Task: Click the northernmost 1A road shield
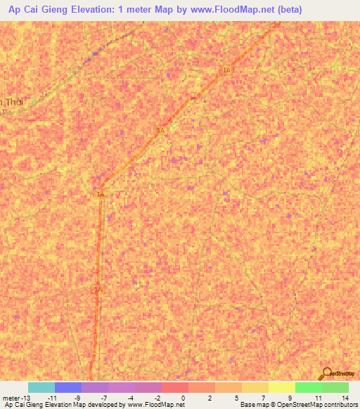(226, 70)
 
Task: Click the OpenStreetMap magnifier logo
(326, 374)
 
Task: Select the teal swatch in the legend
(41, 387)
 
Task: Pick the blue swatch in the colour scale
(68, 387)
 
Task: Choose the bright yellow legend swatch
(282, 387)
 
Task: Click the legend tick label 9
(290, 397)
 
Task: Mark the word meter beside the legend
(11, 397)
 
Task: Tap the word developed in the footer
(105, 405)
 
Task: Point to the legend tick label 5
(237, 397)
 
